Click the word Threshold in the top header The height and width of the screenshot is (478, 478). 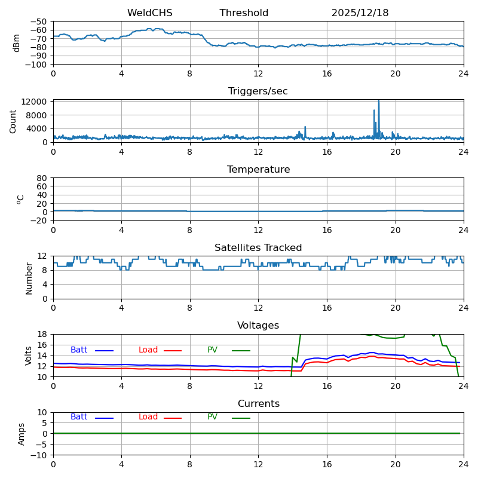(244, 13)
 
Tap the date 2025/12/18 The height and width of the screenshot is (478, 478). (360, 13)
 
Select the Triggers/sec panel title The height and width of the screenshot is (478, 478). (258, 91)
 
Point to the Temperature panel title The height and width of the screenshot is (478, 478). (258, 170)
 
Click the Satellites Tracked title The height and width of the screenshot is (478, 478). (258, 248)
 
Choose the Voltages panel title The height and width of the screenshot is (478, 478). (258, 326)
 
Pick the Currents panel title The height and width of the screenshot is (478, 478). (258, 404)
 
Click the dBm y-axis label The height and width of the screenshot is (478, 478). (17, 43)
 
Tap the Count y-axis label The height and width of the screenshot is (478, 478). (13, 121)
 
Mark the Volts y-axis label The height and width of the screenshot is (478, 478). (29, 356)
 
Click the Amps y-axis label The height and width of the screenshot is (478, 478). (22, 434)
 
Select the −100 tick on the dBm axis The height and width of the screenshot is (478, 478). (38, 65)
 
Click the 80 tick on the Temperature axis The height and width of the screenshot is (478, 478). (42, 178)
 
